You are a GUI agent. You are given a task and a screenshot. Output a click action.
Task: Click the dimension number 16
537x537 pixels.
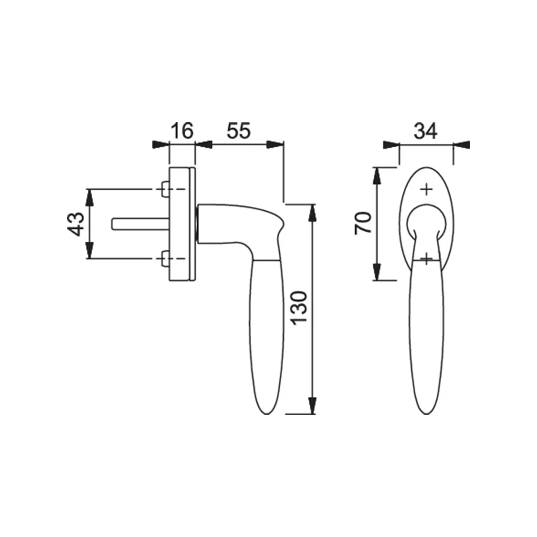point(181,130)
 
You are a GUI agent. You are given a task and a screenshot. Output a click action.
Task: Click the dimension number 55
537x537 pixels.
point(239,130)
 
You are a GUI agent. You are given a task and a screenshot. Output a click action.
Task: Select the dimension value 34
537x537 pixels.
point(426,131)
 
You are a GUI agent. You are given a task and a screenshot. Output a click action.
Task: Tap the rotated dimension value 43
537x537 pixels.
point(76,224)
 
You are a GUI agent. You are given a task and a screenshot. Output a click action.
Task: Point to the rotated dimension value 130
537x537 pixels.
point(298,308)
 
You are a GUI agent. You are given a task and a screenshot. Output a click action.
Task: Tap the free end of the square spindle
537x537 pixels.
point(112,224)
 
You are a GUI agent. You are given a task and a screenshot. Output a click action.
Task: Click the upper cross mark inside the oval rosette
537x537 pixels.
point(426,190)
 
